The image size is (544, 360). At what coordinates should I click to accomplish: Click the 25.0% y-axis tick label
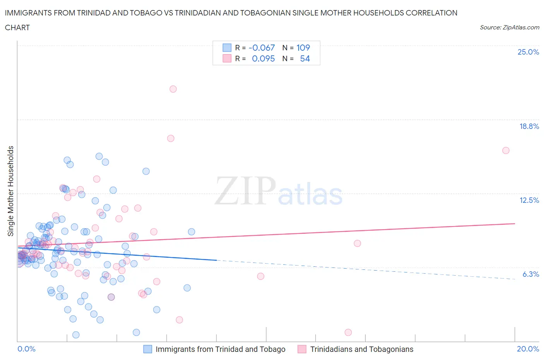pos(528,52)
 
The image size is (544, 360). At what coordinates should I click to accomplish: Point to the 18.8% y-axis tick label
pos(529,126)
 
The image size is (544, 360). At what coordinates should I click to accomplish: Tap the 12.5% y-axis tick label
pos(529,200)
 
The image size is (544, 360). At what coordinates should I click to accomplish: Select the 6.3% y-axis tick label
pos(530,274)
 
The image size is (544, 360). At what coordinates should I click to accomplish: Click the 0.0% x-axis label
pos(26,349)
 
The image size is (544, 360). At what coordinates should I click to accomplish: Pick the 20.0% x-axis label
pos(528,349)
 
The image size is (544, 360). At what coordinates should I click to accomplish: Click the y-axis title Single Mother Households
pos(10,191)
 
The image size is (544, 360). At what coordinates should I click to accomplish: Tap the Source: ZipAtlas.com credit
pos(509,27)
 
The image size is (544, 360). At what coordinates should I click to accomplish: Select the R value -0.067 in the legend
pos(262,48)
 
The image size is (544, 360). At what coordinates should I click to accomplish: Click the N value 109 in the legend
pos(303,48)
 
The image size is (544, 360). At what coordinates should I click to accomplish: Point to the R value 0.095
pos(263,58)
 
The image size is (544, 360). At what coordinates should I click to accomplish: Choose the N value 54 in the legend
pos(305,58)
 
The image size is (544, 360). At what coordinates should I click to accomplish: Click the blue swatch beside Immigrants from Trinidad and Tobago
pos(148,349)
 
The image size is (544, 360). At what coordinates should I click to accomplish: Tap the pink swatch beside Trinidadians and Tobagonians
pos(302,349)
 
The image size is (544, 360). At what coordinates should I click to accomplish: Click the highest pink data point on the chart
pos(173,89)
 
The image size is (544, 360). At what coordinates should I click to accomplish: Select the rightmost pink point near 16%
pos(506,151)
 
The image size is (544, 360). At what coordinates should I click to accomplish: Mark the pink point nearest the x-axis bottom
pos(348,333)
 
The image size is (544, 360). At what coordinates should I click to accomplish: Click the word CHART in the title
pos(17,27)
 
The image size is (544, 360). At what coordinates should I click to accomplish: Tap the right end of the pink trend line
pos(515,223)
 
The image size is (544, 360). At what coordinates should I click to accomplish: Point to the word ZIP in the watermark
pos(245,190)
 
